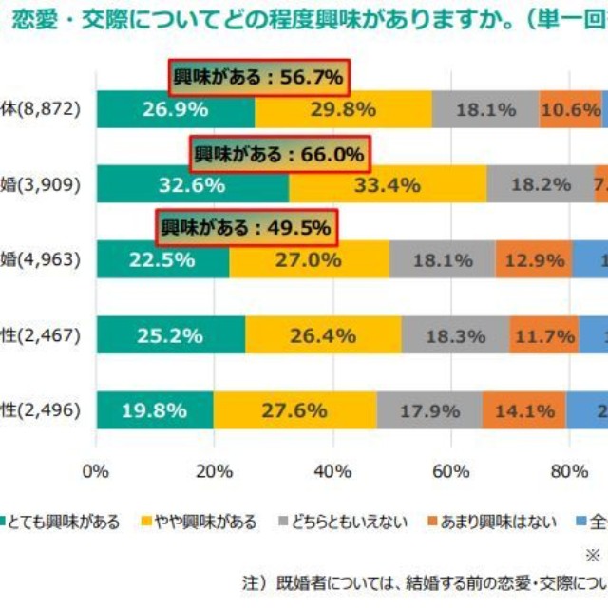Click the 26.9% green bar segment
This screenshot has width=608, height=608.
175,109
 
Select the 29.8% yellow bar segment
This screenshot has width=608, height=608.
344,109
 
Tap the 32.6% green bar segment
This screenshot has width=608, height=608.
193,184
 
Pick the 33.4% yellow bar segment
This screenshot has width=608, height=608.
388,184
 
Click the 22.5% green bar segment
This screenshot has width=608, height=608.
162,259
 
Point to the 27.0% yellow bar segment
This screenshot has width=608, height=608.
309,259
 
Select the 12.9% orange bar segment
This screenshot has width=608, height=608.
534,259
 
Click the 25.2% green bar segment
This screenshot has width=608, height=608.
171,334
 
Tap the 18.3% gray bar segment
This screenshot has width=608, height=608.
455,334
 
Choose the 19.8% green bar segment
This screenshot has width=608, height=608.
154,409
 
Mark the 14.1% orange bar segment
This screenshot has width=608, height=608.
524,409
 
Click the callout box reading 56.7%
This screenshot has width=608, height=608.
258,77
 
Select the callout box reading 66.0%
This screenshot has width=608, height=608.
280,152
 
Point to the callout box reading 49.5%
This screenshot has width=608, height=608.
245,227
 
